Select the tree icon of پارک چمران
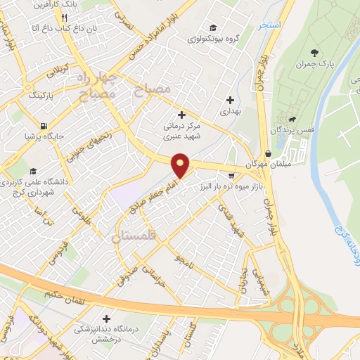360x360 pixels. (x=314, y=53)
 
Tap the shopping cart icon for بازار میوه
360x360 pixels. (x=231, y=176)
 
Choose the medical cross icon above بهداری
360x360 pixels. (x=231, y=100)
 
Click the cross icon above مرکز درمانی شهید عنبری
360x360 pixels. (x=182, y=115)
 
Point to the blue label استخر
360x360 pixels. (x=270, y=25)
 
